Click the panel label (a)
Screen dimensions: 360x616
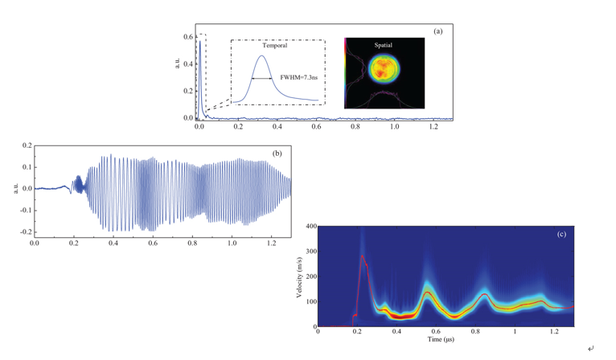coord(437,31)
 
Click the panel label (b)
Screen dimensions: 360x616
coord(277,153)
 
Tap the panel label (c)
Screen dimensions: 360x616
coord(561,234)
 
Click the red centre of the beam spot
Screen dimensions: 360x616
coord(383,70)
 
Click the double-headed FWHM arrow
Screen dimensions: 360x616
coord(263,78)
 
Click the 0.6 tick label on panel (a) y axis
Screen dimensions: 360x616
coord(187,37)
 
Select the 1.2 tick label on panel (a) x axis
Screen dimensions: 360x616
coord(433,127)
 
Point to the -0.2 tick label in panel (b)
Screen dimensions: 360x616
coord(26,231)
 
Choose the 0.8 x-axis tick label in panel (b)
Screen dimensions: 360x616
coord(192,242)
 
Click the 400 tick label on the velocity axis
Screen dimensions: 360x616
coord(309,227)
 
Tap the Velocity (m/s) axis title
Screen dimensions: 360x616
coord(299,276)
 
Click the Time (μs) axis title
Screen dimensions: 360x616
coord(441,339)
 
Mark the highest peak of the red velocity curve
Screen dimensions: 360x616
coord(363,256)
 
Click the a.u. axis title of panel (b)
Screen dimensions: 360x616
coord(14,189)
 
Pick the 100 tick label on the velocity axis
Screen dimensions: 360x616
coord(309,302)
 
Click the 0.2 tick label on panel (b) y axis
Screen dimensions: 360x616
coord(27,146)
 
